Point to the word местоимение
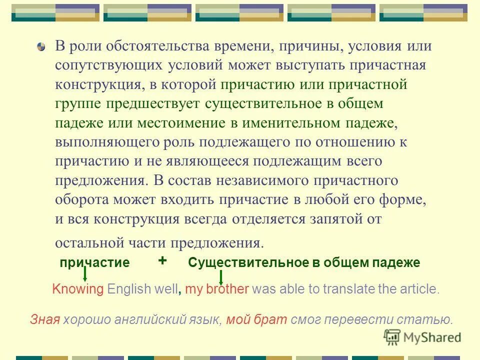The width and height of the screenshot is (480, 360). pos(198,122)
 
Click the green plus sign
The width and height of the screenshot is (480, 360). pos(162,260)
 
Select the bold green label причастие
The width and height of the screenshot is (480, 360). pos(94,262)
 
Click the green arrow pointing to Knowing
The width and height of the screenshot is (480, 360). pos(85,274)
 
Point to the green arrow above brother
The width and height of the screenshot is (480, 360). pos(221,277)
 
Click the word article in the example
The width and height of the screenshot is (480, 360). pos(420,289)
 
